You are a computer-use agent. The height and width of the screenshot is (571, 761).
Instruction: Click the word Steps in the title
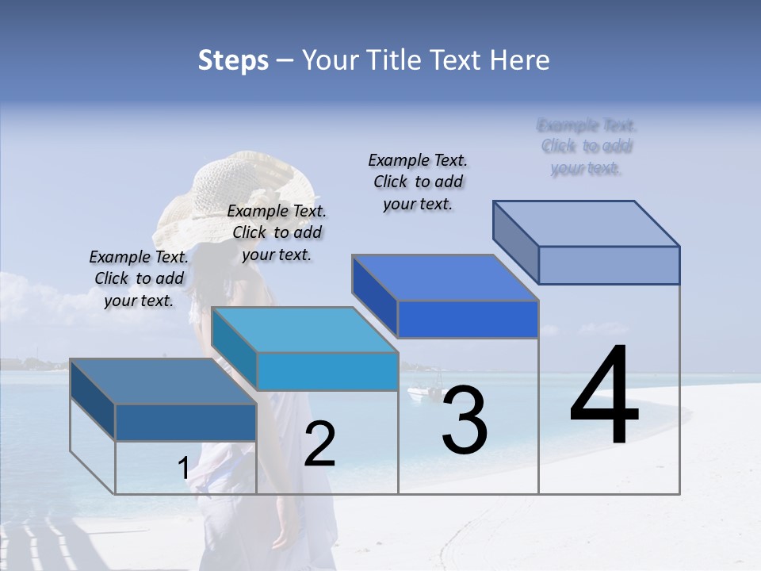pos(233,60)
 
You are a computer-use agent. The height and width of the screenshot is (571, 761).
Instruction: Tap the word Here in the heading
pos(520,60)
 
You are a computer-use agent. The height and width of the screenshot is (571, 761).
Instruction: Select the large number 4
pos(604,397)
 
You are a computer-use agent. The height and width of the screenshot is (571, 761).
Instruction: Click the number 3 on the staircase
pos(465,420)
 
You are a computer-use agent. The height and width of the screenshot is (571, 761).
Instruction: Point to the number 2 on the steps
pos(320,444)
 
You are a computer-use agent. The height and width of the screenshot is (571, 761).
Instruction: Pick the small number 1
pos(183,469)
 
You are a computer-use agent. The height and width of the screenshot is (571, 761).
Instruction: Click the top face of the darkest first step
pos(163,381)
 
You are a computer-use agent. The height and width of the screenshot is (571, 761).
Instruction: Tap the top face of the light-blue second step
pos(304,330)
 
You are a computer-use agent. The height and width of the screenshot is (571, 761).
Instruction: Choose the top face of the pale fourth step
pos(587,224)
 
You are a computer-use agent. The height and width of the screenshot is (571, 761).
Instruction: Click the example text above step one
pos(139,278)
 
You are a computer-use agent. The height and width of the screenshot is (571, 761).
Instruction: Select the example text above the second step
pos(277,232)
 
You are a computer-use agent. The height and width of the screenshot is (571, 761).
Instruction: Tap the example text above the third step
pos(418,182)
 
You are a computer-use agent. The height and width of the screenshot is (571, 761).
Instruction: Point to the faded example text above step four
pos(587,147)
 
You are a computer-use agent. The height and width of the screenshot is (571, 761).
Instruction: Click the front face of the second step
pos(327,371)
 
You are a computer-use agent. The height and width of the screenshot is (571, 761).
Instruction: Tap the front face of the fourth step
pos(609,265)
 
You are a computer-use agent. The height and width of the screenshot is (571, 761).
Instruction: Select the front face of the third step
pos(468,319)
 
